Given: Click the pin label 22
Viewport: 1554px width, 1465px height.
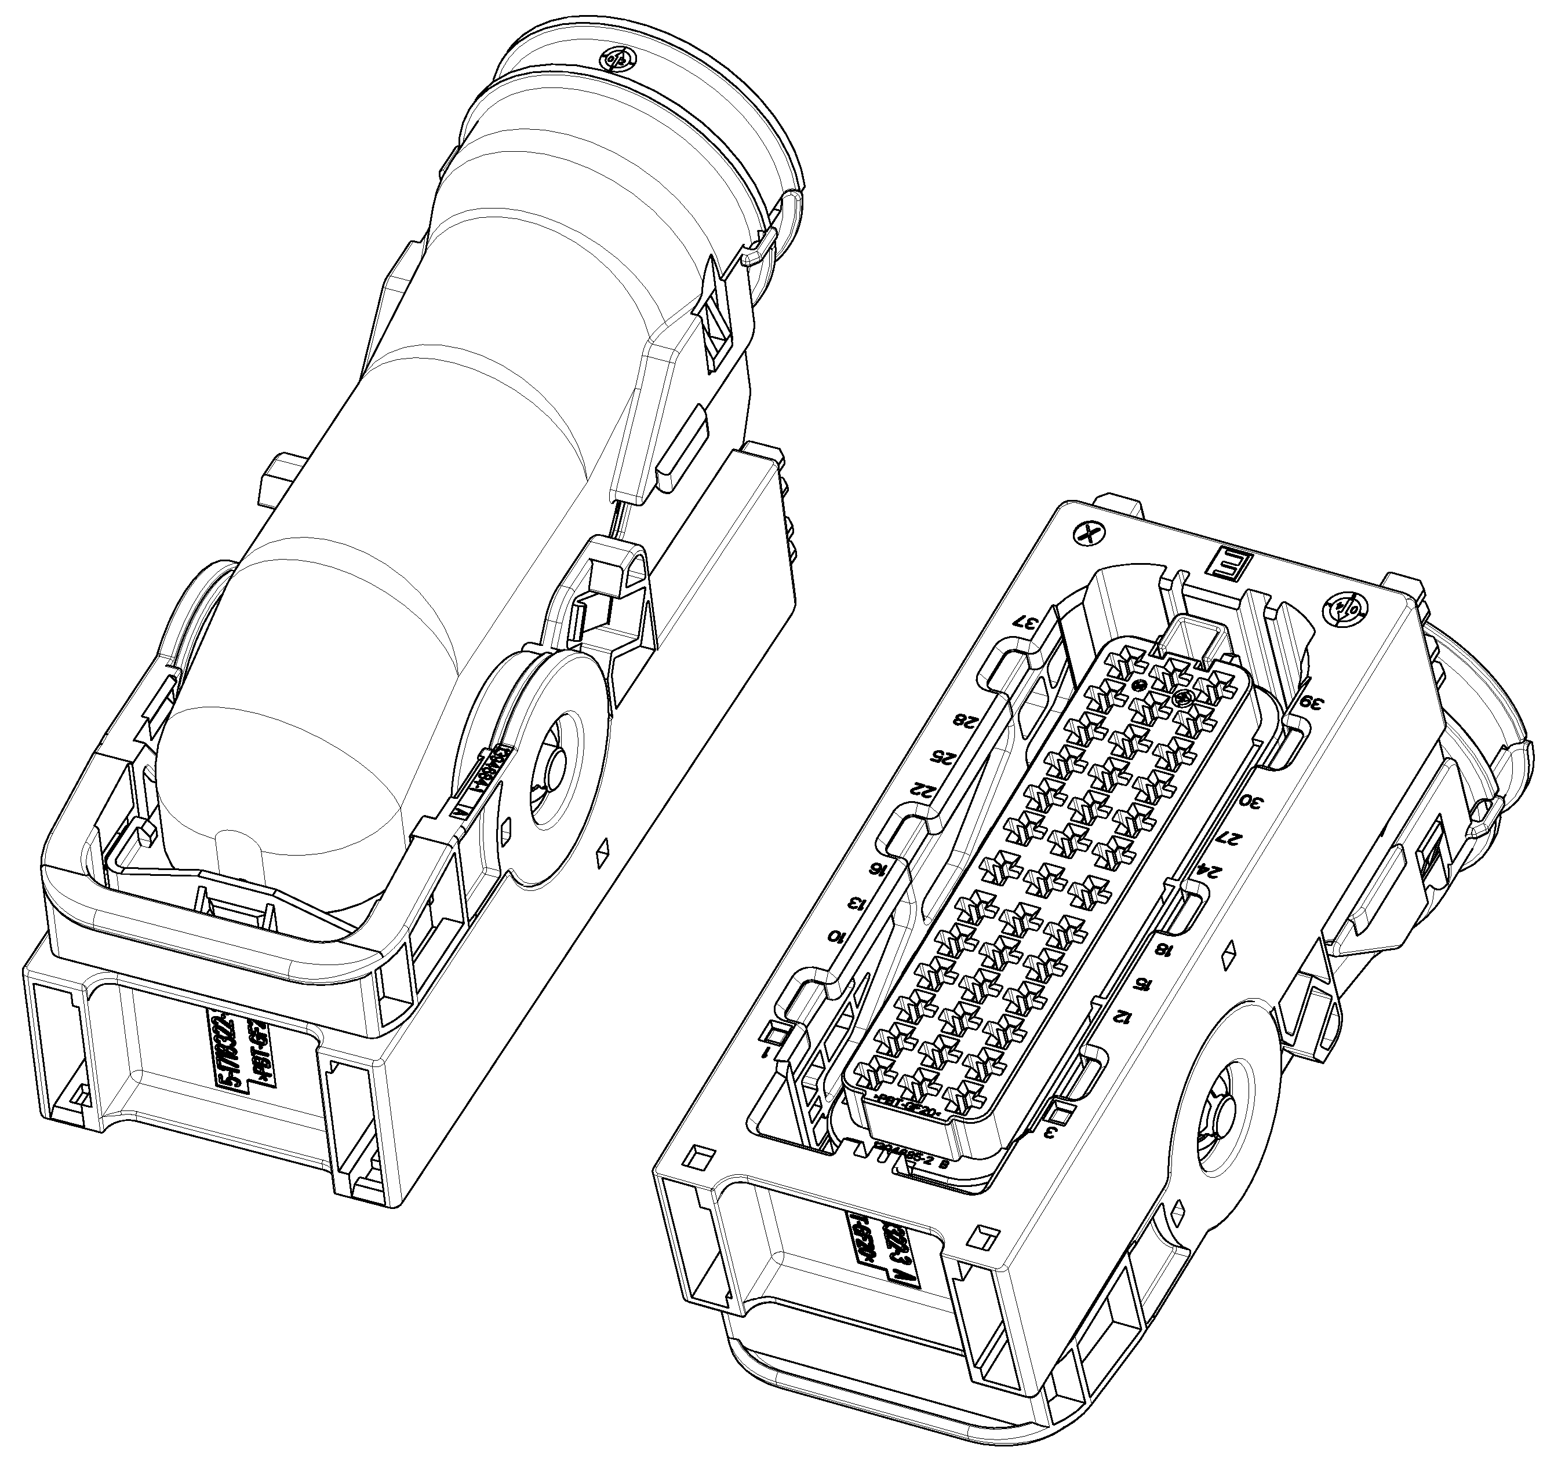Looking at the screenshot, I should click(x=920, y=789).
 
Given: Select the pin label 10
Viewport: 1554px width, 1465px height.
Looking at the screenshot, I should click(x=837, y=936).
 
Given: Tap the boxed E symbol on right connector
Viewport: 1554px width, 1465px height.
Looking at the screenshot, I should click(x=1229, y=564).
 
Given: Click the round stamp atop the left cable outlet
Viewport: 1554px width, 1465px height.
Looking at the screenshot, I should click(x=616, y=59).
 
